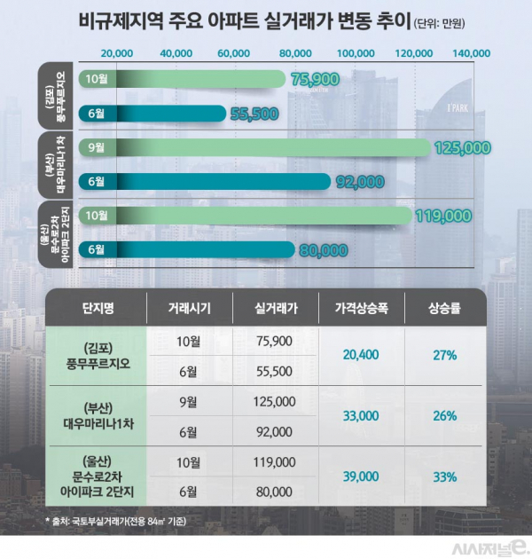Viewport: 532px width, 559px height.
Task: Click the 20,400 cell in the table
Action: coord(360,355)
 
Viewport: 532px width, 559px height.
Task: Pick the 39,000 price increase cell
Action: coord(360,476)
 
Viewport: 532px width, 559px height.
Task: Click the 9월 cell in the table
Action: coord(189,401)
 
